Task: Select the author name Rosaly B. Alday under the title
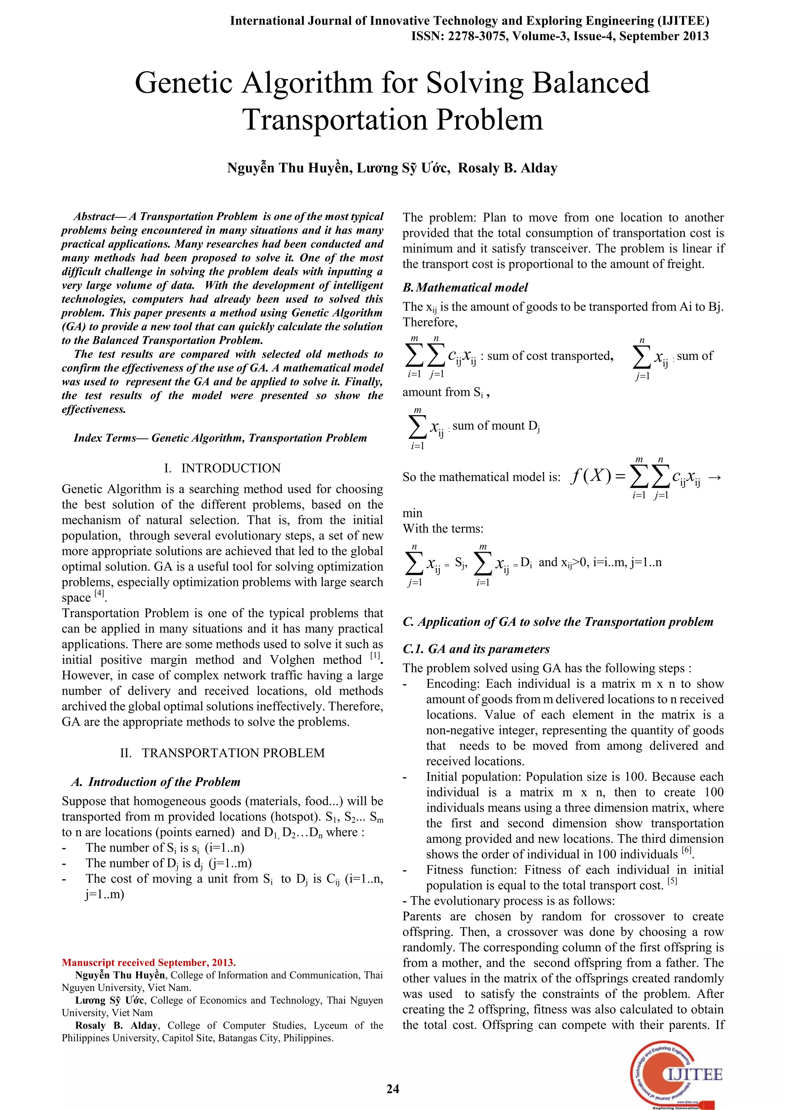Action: (x=507, y=168)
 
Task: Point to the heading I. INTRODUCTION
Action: (x=222, y=468)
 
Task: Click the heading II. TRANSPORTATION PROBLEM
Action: (x=222, y=753)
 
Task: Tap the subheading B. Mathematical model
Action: (x=465, y=287)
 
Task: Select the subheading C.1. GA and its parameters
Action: (x=476, y=649)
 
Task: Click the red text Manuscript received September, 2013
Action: (x=149, y=962)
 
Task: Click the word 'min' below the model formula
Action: (x=412, y=513)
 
